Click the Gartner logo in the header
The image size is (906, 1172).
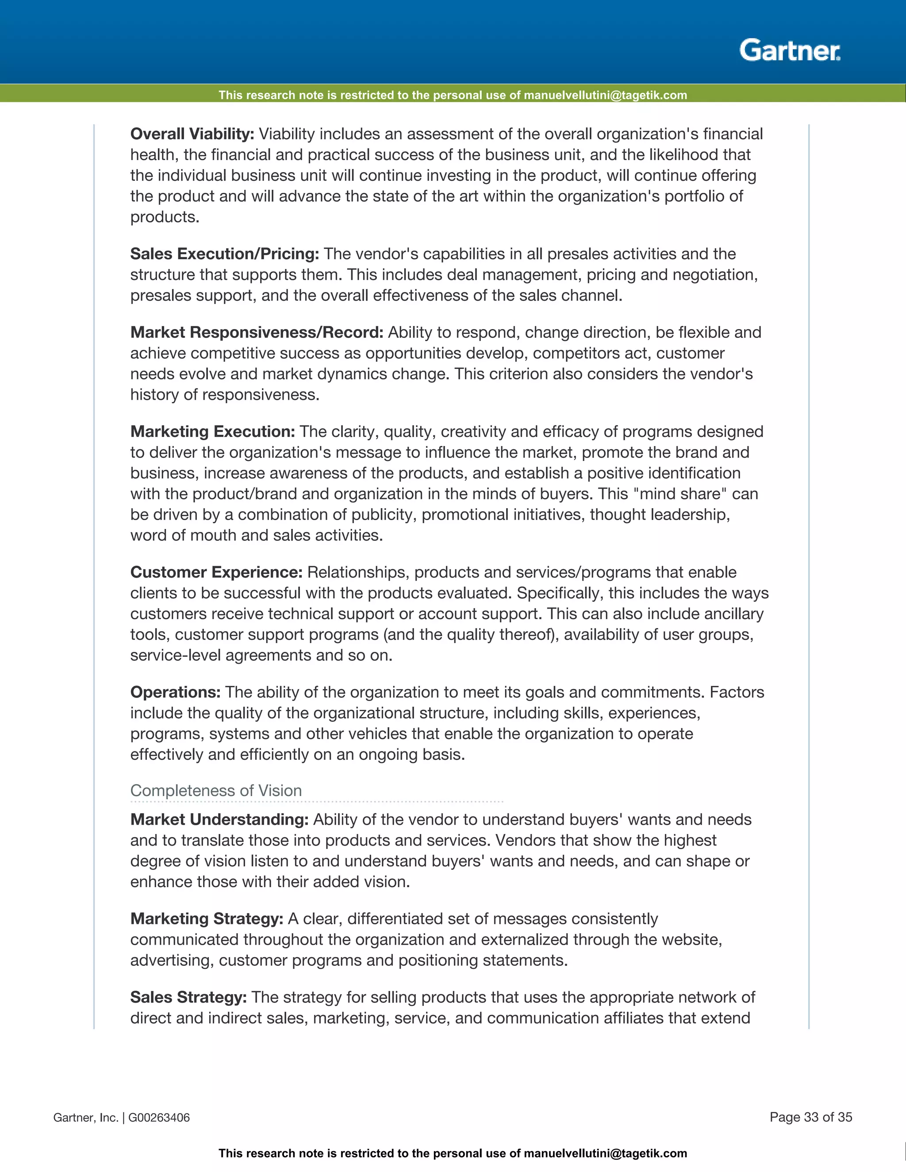pos(790,50)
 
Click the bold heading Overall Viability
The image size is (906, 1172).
pos(192,134)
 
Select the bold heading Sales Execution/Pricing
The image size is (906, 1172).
pos(224,254)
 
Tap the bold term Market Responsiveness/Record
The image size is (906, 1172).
pos(257,333)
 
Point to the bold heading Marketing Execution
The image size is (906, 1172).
pos(212,432)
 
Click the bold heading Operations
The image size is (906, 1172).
pos(175,692)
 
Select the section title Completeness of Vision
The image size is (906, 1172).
pos(216,790)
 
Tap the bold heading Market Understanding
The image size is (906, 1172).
pos(219,820)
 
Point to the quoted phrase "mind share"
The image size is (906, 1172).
pos(678,494)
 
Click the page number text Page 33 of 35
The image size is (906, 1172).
pos(810,1117)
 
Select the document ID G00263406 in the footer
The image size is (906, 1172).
pos(159,1118)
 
